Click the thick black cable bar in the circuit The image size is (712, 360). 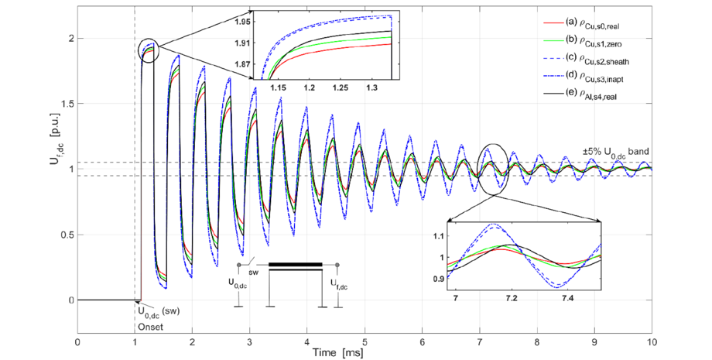[295, 266]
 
